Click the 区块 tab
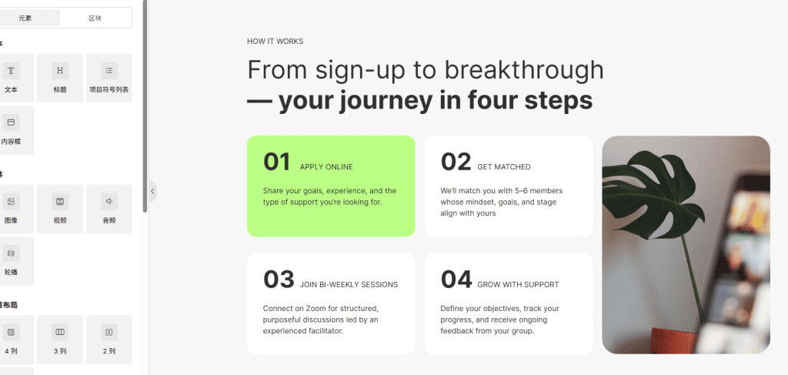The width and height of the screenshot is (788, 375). click(95, 18)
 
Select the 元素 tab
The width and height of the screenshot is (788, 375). click(25, 18)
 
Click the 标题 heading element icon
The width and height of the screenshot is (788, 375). click(60, 71)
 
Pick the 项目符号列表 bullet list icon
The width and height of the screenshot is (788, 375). click(109, 71)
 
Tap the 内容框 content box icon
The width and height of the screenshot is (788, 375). click(11, 122)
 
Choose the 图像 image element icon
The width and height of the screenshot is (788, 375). click(11, 202)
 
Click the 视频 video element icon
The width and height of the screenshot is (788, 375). click(60, 202)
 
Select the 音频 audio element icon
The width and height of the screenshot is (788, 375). click(109, 202)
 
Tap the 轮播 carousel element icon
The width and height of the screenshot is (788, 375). click(11, 253)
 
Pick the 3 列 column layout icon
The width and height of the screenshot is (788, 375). click(60, 333)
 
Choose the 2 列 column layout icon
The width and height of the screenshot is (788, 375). click(109, 333)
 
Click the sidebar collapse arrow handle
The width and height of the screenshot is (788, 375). click(152, 191)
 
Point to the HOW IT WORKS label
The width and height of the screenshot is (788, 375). click(275, 42)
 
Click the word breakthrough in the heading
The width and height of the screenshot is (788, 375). click(524, 70)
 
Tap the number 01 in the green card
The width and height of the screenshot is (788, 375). click(277, 162)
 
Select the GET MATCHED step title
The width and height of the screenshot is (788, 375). click(504, 167)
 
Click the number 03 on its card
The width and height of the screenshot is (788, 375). click(279, 280)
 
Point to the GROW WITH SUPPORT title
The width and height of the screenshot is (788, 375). click(518, 284)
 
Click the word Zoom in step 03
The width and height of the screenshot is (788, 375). click(316, 308)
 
